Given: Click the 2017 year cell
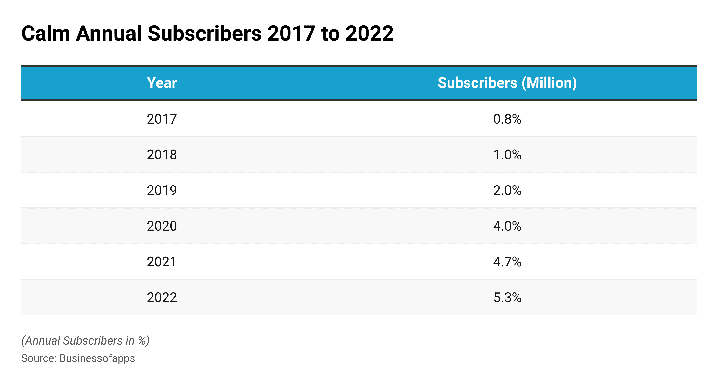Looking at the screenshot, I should coord(162,119).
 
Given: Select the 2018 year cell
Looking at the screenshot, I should coord(162,155).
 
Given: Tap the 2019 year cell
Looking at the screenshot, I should coord(162,190).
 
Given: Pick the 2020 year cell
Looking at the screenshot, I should coord(162,226).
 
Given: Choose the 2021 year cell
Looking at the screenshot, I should coord(162,262).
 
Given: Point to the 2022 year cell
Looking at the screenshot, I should coord(162,297).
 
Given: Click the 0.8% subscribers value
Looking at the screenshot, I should coord(507,119).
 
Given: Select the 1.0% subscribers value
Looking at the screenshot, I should coord(507,155).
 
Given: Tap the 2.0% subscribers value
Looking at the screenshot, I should coord(507,190).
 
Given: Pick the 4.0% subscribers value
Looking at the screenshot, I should coord(507,226).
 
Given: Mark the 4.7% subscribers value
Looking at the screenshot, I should coord(507,262).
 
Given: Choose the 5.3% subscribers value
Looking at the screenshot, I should coord(507,297).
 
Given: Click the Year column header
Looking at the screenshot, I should coord(162,83).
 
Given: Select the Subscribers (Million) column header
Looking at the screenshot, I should coord(507,83).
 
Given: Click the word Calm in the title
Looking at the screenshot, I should coord(46,34).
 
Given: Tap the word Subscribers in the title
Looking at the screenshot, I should coord(204,34).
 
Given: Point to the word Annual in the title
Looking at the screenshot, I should coord(109,34).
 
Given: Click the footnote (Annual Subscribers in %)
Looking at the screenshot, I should coord(85,341).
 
